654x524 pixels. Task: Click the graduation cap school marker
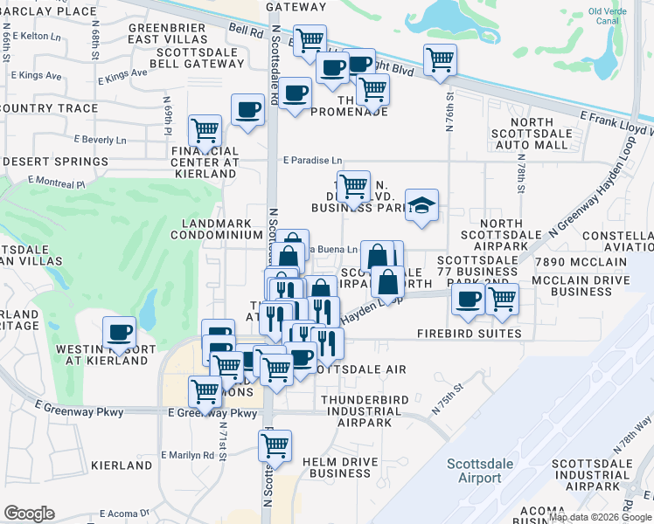pos(422,207)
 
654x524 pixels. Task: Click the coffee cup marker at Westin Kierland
pos(119,332)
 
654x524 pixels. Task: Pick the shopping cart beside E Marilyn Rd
pos(275,445)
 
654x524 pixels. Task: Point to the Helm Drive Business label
pos(337,467)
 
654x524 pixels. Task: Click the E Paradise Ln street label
pos(312,160)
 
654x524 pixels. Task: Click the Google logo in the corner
pos(29,514)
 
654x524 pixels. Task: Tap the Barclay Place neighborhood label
pos(49,10)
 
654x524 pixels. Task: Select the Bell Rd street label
pos(246,30)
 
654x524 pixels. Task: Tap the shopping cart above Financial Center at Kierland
pos(205,130)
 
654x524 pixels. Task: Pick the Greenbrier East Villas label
pos(168,34)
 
